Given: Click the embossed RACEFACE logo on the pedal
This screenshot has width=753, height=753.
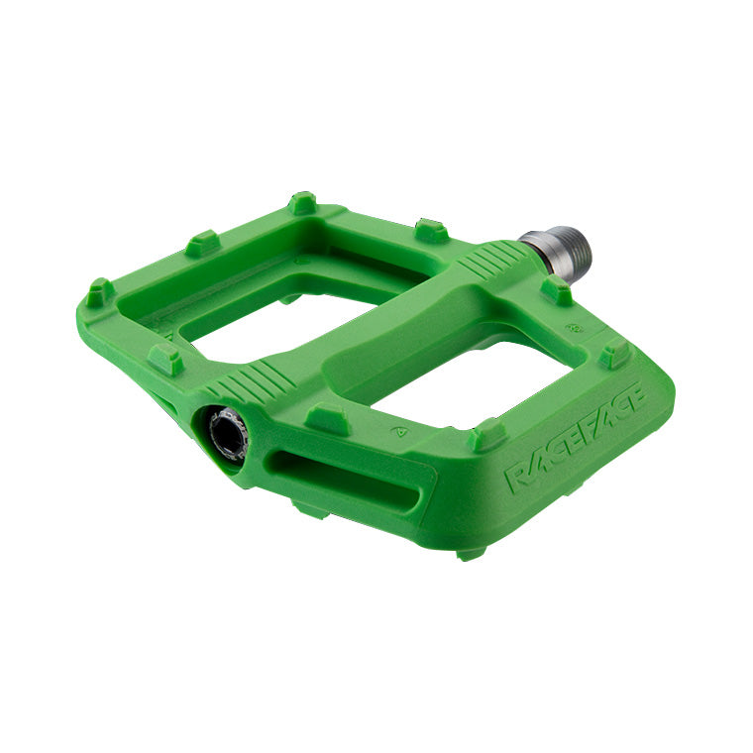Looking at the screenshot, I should coord(575,437).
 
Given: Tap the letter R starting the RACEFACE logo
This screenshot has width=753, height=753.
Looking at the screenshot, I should coord(517,475).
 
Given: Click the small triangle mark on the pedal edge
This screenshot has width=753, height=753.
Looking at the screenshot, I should coord(399,431).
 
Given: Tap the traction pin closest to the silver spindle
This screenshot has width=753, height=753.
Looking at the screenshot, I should coord(557,291).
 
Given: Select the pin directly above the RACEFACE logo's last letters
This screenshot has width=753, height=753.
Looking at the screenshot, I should coord(615,353).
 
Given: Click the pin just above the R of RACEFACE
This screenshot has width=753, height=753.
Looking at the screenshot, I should coord(486,435).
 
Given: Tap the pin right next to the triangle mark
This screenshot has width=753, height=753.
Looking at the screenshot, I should coord(326,417).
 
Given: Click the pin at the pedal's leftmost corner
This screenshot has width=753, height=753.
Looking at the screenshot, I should coord(99,292).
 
